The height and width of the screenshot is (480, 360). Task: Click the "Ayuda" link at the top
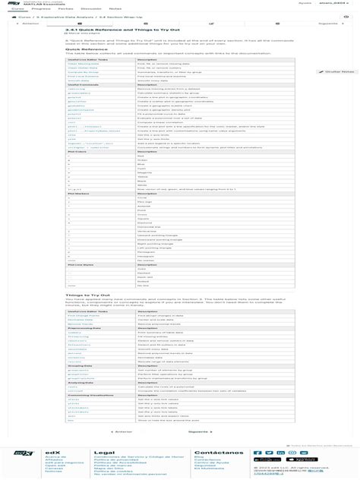pyautogui.click(x=305, y=2)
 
